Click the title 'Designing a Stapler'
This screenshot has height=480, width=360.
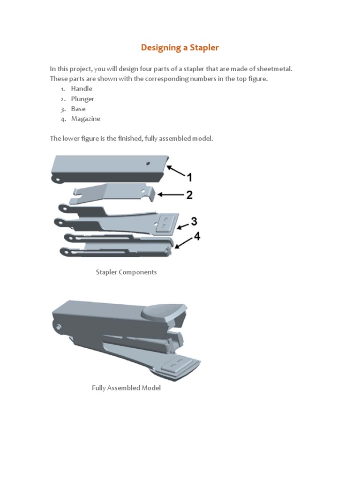tap(180, 47)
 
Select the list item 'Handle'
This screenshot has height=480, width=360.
tap(82, 89)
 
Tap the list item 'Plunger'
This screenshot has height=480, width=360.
tap(82, 99)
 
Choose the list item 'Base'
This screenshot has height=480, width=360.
tap(78, 109)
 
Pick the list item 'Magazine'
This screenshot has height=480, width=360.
tap(85, 119)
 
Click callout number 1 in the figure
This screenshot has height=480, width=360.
tap(189, 178)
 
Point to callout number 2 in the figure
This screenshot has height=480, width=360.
tap(189, 195)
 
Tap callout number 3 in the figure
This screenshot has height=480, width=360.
tap(193, 221)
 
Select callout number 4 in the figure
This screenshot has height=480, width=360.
tap(197, 236)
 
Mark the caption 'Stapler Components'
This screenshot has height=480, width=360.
tap(126, 272)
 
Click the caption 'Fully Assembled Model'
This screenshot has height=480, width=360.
tap(126, 388)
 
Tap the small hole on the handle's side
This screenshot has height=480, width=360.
tap(148, 164)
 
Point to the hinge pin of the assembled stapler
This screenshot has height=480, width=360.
tap(58, 327)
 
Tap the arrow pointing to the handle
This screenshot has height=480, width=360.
tap(176, 171)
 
